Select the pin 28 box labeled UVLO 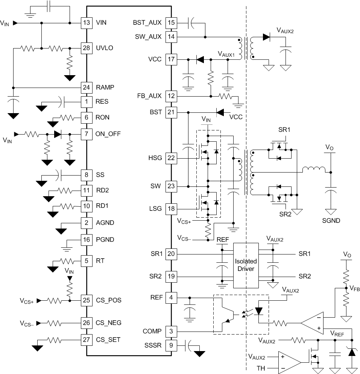click(x=87, y=48)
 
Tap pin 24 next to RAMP click(x=87, y=87)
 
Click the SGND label click(x=331, y=221)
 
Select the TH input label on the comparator click(x=260, y=368)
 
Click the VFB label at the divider click(x=354, y=288)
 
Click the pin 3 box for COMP click(x=171, y=331)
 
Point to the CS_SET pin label click(x=108, y=339)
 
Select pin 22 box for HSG click(x=171, y=158)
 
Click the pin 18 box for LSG click(x=171, y=209)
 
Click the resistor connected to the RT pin click(x=67, y=260)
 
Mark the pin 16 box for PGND click(x=87, y=239)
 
